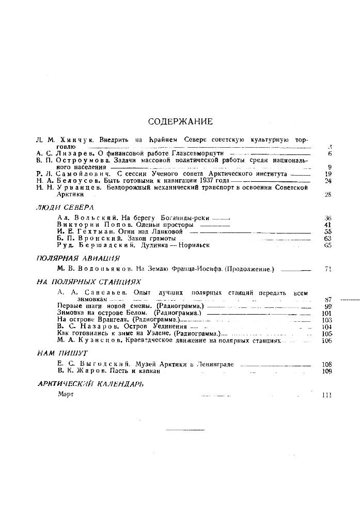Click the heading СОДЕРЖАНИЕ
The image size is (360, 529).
coord(180,122)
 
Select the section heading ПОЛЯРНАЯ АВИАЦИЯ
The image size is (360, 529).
coord(78,258)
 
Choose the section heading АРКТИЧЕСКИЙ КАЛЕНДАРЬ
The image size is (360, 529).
coord(91,384)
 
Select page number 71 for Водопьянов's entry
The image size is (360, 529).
coord(327,269)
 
